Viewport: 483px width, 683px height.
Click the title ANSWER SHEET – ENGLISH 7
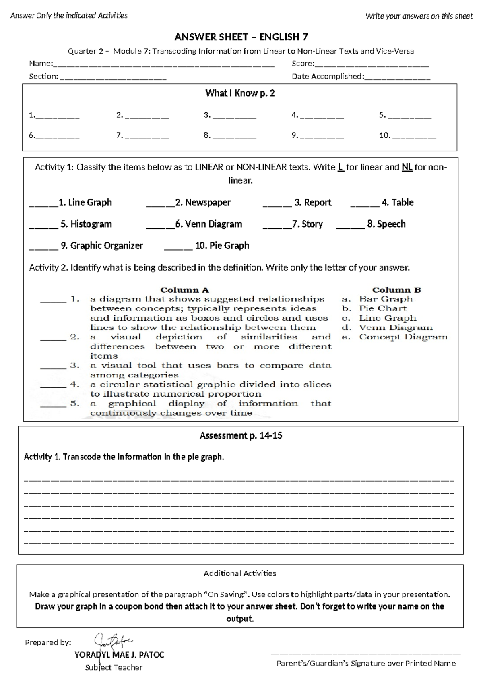241,37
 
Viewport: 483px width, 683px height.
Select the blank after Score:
372,64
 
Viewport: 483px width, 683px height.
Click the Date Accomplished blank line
397,77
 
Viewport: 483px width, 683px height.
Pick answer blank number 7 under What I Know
147,137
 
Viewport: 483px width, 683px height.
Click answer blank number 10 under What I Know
414,137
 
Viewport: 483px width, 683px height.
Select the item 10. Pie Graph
222,246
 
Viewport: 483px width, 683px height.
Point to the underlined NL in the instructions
407,167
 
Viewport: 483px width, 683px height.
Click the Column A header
185,290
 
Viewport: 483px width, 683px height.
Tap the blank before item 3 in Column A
53,367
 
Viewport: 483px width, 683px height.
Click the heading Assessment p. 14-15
241,435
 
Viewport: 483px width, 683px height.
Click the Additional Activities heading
240,573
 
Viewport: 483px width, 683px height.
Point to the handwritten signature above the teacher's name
112,640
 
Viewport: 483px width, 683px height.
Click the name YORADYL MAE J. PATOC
120,655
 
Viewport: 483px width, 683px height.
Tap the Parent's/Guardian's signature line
366,653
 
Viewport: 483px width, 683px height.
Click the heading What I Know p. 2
240,93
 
